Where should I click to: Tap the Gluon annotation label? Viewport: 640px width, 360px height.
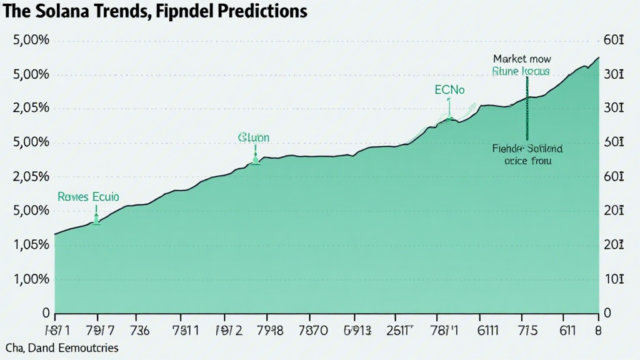(x=253, y=137)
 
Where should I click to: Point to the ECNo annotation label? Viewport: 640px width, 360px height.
(x=449, y=90)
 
